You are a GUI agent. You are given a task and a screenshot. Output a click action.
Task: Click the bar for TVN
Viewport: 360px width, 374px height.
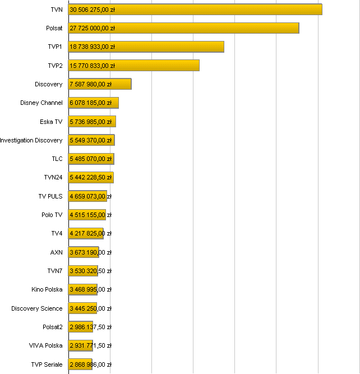pyautogui.click(x=195, y=10)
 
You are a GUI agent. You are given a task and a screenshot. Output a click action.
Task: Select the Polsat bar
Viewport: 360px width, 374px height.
pyautogui.click(x=183, y=28)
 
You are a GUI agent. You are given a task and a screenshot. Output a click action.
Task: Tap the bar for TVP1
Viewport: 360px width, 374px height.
pyautogui.click(x=146, y=47)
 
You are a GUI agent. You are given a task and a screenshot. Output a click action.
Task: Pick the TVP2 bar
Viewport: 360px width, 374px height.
pyautogui.click(x=133, y=66)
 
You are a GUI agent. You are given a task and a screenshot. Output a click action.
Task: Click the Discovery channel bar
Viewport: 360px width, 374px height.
pyautogui.click(x=99, y=84)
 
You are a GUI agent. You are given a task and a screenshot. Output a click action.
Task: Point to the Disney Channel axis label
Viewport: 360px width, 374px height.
pyautogui.click(x=41, y=103)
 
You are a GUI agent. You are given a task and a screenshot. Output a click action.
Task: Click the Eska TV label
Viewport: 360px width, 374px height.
pyautogui.click(x=51, y=122)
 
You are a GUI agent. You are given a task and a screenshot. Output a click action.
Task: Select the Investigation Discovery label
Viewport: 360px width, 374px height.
pyautogui.click(x=31, y=140)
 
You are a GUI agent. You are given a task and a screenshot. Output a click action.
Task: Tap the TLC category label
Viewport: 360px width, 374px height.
pyautogui.click(x=57, y=159)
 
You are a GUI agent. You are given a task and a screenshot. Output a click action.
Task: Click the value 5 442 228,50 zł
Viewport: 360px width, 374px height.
pyautogui.click(x=91, y=178)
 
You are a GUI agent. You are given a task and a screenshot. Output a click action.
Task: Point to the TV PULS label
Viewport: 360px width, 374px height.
pyautogui.click(x=50, y=196)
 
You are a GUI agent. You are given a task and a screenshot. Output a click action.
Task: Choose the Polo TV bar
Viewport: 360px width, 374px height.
pyautogui.click(x=87, y=215)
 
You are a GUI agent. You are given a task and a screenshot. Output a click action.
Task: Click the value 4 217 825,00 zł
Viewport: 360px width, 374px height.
pyautogui.click(x=91, y=234)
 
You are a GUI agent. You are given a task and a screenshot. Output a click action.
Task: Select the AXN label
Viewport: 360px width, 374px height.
pyautogui.click(x=57, y=252)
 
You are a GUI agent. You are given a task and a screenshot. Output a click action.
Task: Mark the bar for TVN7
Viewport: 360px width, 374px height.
pyautogui.click(x=83, y=271)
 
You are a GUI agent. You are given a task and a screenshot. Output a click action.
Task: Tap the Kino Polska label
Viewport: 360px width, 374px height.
pyautogui.click(x=47, y=289)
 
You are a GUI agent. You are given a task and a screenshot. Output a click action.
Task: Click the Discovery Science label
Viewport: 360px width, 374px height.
pyautogui.click(x=37, y=308)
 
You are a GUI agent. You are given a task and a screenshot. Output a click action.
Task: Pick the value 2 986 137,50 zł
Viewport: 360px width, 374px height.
pyautogui.click(x=91, y=327)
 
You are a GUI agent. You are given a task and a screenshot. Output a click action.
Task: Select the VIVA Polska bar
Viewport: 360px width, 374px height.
pyautogui.click(x=80, y=345)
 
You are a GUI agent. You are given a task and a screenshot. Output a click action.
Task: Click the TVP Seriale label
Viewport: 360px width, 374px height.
pyautogui.click(x=47, y=364)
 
